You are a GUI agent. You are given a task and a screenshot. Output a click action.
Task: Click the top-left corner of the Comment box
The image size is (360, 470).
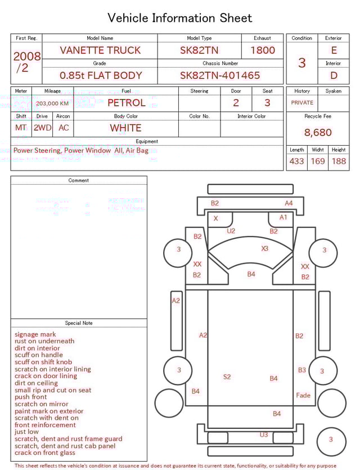pos(11,176)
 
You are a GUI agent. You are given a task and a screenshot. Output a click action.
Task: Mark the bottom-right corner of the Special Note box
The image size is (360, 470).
pos(147,462)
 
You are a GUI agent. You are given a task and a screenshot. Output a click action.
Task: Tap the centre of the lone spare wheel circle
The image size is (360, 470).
pos(331,442)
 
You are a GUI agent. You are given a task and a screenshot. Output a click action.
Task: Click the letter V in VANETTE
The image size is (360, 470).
pos(63,50)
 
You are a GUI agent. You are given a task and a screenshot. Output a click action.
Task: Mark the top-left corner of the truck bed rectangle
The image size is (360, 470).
pos(208,290)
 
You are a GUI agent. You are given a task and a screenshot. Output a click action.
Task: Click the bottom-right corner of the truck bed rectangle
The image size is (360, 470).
pos(293,428)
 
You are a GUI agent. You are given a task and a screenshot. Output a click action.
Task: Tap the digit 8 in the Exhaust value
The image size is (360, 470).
pos(256,50)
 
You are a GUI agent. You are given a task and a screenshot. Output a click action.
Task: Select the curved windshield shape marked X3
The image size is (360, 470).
pos(250,252)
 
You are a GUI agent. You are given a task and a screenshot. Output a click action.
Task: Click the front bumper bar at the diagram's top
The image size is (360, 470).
pos(250,189)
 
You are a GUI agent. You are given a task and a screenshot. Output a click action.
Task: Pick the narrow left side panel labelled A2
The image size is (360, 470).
pos(177,321)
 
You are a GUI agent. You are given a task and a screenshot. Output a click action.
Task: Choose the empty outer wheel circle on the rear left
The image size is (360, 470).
pos(169,403)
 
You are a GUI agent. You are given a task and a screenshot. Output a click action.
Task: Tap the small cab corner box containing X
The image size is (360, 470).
pos(220,220)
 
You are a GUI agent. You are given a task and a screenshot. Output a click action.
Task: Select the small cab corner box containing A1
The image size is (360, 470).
pos(280,220)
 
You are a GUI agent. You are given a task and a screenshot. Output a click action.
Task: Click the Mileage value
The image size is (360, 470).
pos(52,104)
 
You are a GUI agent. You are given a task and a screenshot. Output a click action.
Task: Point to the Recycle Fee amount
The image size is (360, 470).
pos(318,132)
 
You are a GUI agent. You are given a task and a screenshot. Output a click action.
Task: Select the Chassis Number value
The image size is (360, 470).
pos(220,75)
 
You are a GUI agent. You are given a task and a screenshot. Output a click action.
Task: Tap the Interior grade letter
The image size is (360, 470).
pos(334,75)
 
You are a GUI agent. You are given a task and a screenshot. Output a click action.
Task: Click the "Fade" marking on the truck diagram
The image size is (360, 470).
pos(303,395)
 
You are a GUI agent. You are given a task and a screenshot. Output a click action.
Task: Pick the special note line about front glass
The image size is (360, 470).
pos(45,453)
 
